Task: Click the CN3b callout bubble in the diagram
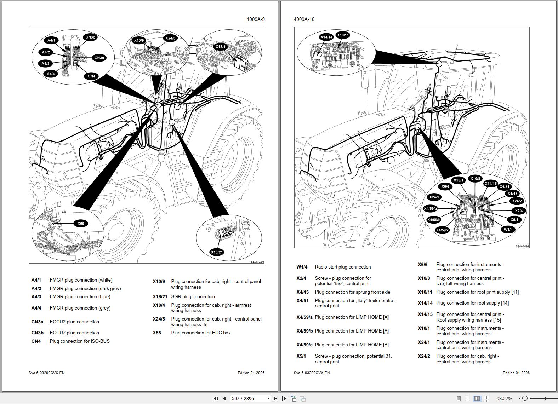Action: click(90, 37)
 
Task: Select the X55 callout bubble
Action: click(81, 223)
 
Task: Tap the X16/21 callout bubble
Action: click(217, 252)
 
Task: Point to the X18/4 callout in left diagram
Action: click(220, 47)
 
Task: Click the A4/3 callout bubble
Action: click(45, 64)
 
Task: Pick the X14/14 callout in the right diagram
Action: click(326, 37)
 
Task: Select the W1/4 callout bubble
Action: click(508, 230)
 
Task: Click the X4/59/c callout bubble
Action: click(442, 230)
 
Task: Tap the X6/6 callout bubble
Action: click(445, 187)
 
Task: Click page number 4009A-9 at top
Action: click(256, 19)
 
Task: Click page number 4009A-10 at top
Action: click(304, 19)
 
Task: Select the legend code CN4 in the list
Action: click(36, 341)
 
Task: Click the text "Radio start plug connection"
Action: click(343, 267)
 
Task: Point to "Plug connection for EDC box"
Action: click(201, 333)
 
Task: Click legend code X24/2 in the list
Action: click(424, 356)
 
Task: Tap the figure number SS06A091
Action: click(257, 262)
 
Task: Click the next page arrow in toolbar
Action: click(275, 398)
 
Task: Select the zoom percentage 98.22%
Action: click(504, 398)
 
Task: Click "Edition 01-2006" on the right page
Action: click(516, 373)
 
